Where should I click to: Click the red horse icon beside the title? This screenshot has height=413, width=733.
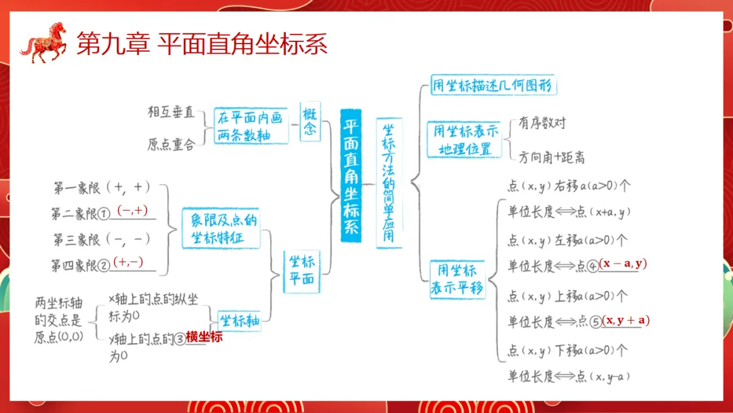[45, 43]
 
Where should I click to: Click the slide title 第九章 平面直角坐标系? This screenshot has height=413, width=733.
[202, 44]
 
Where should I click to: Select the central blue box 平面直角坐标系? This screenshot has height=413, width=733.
[351, 176]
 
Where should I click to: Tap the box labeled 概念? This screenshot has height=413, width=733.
[310, 122]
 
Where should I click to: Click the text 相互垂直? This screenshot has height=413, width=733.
[171, 111]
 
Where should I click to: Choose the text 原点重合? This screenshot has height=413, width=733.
[171, 144]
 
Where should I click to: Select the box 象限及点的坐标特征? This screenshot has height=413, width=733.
[221, 229]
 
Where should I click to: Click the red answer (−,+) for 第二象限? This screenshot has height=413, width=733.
[132, 211]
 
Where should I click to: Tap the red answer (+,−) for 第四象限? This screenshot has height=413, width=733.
[129, 262]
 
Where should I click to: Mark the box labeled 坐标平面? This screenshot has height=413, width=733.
[301, 270]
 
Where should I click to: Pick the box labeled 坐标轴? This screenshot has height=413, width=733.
[239, 320]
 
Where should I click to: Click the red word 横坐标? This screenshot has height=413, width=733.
[204, 336]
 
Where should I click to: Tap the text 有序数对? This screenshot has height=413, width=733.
[542, 123]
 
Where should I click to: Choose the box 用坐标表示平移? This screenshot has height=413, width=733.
[457, 279]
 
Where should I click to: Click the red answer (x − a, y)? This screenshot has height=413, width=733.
[623, 264]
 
